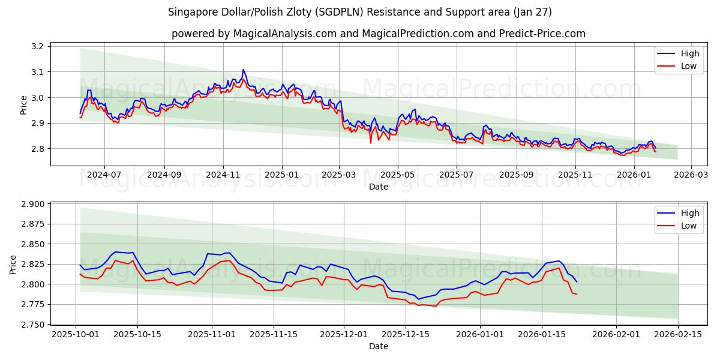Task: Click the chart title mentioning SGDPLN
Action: [x=360, y=12]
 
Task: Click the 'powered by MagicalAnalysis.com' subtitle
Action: [x=378, y=34]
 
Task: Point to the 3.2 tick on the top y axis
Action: [x=37, y=47]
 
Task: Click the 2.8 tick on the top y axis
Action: [x=37, y=149]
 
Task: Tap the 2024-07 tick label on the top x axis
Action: [x=104, y=175]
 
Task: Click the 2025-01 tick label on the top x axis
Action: [x=281, y=175]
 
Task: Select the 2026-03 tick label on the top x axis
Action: [x=691, y=175]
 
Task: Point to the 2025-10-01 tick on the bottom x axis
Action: [x=76, y=334]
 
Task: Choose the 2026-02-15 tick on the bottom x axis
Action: [x=678, y=334]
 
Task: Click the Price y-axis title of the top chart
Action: [x=23, y=104]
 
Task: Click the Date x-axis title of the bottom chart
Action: [x=378, y=346]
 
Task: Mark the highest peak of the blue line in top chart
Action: [x=243, y=70]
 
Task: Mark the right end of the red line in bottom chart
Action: [x=577, y=294]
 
